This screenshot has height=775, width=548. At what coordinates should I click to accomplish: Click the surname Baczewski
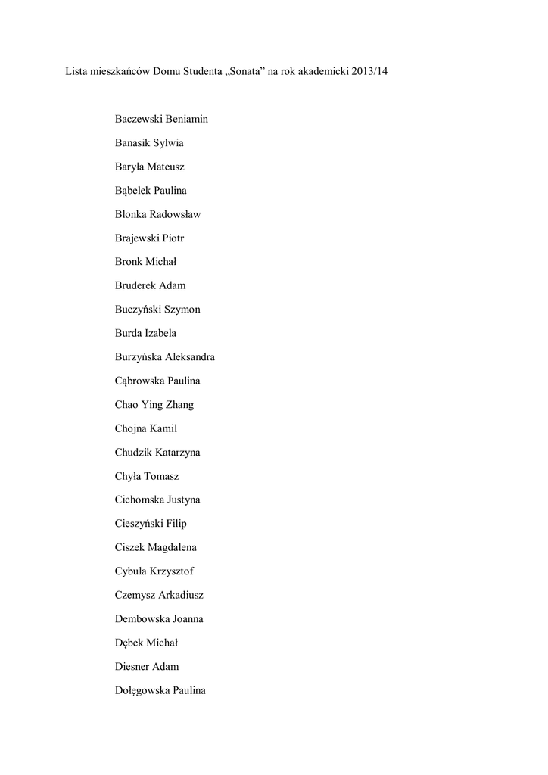click(x=140, y=119)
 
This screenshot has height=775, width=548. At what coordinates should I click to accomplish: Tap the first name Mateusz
click(x=166, y=167)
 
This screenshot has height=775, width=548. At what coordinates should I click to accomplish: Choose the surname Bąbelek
click(x=138, y=190)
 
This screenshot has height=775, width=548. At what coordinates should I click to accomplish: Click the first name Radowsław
click(x=176, y=214)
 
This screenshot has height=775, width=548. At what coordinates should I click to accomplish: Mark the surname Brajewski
click(x=137, y=238)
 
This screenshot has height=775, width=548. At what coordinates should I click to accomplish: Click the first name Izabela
click(x=160, y=333)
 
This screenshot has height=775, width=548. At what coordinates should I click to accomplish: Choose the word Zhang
click(x=179, y=404)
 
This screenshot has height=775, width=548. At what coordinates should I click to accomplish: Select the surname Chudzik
click(x=133, y=452)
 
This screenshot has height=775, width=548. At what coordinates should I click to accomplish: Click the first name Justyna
click(x=184, y=500)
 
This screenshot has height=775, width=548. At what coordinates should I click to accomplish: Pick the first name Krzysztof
click(x=177, y=571)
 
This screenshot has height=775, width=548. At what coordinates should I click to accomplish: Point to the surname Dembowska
click(x=142, y=618)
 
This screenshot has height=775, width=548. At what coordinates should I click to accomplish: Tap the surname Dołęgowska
click(x=142, y=690)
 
